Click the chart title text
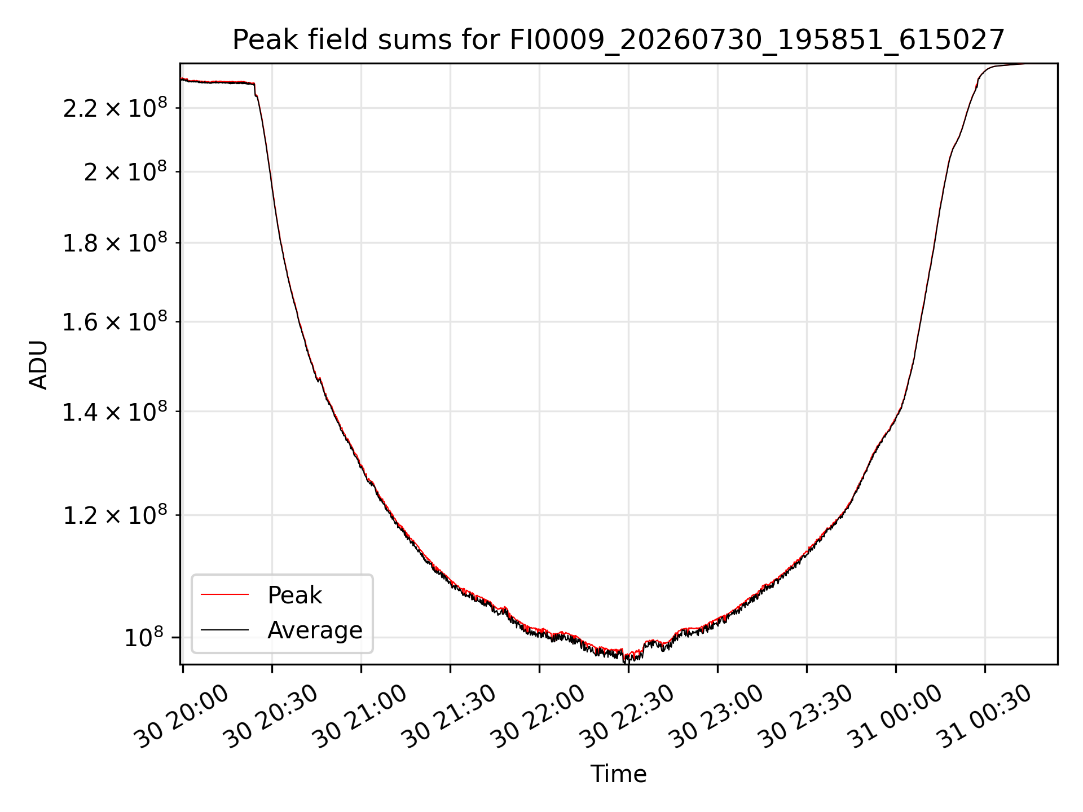(619, 40)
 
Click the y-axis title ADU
(38, 365)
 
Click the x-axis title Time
(618, 774)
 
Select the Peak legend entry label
(294, 595)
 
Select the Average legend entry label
(315, 630)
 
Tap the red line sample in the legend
(224, 594)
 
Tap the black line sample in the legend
(224, 629)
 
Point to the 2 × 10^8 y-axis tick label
(126, 171)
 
